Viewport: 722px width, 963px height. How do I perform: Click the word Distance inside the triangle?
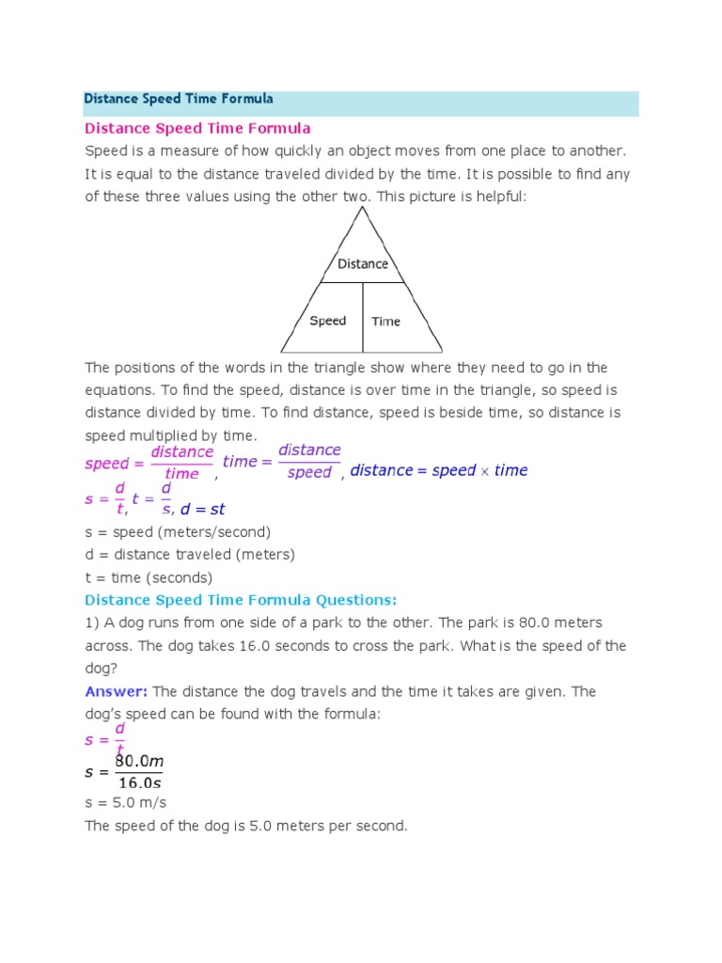(x=363, y=264)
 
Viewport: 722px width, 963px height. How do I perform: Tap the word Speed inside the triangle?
(x=328, y=321)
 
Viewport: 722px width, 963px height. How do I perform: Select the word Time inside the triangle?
(x=385, y=322)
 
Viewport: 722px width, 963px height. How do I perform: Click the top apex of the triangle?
(x=362, y=208)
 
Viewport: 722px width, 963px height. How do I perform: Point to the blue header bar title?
(x=179, y=99)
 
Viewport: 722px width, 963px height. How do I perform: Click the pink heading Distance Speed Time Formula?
(x=197, y=128)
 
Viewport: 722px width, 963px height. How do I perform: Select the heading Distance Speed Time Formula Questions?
(x=241, y=600)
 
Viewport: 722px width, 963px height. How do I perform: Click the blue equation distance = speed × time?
(x=439, y=470)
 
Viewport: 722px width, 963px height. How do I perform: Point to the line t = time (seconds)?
(x=149, y=577)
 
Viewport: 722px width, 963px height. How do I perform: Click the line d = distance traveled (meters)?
(x=190, y=555)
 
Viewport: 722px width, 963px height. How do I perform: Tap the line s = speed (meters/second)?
(x=178, y=532)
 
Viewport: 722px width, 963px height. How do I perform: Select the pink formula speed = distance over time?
(x=149, y=463)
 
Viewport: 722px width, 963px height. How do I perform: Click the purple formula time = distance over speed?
(x=282, y=461)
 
